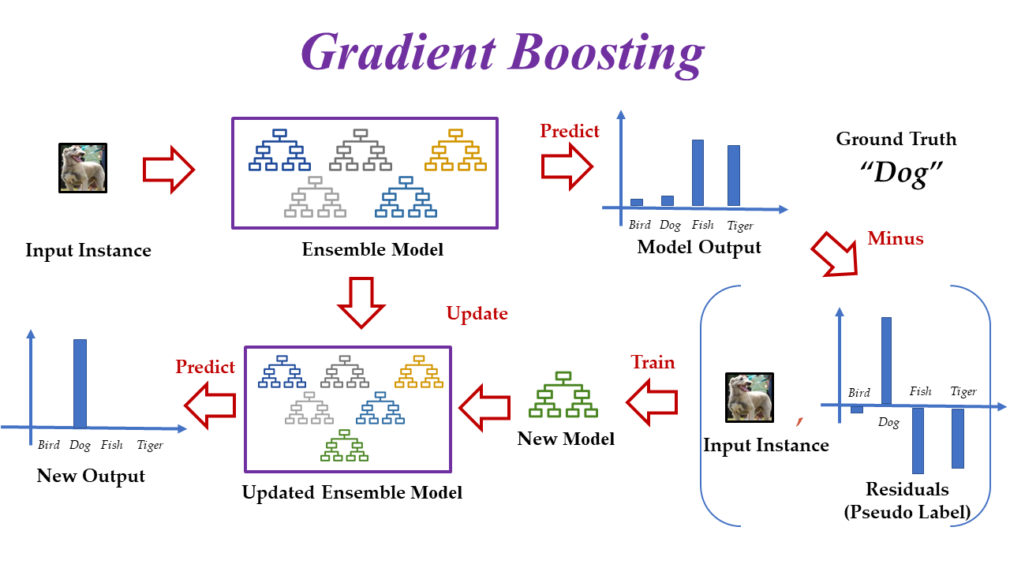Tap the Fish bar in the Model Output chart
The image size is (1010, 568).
698,173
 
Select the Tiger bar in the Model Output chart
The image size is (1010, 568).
733,175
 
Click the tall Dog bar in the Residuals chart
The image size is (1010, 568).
886,361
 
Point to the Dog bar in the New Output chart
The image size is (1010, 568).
80,383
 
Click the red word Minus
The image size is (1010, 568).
895,238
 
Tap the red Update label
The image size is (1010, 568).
477,313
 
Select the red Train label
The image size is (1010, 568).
653,362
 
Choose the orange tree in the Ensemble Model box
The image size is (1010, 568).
455,150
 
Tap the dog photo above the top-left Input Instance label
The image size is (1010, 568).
83,168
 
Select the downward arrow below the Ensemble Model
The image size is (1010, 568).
360,302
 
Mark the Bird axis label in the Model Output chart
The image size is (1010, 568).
639,226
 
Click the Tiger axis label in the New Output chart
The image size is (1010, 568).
150,445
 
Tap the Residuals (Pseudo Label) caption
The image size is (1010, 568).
907,499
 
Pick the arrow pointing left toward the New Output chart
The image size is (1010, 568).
211,405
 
